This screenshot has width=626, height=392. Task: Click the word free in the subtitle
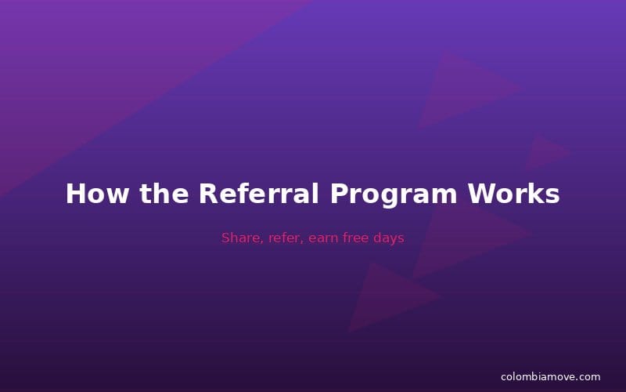coord(358,238)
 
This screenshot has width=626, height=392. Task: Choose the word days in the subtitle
coord(389,238)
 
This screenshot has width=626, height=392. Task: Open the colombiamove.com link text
coord(550,377)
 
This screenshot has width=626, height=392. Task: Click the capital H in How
coord(75,194)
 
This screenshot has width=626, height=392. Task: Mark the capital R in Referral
coord(207,194)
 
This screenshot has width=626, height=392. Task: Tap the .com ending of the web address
coord(588,377)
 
